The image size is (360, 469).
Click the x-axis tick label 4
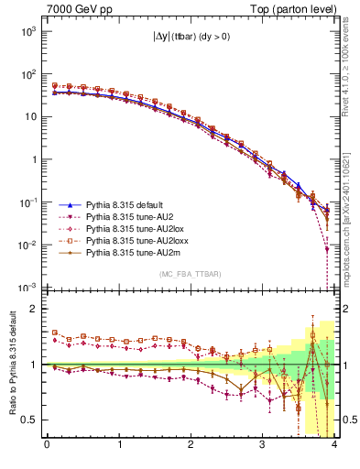(334, 445)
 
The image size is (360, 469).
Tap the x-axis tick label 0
(47, 445)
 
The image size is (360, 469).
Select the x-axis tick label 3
(262, 445)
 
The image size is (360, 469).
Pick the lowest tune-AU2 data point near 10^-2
(327, 248)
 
